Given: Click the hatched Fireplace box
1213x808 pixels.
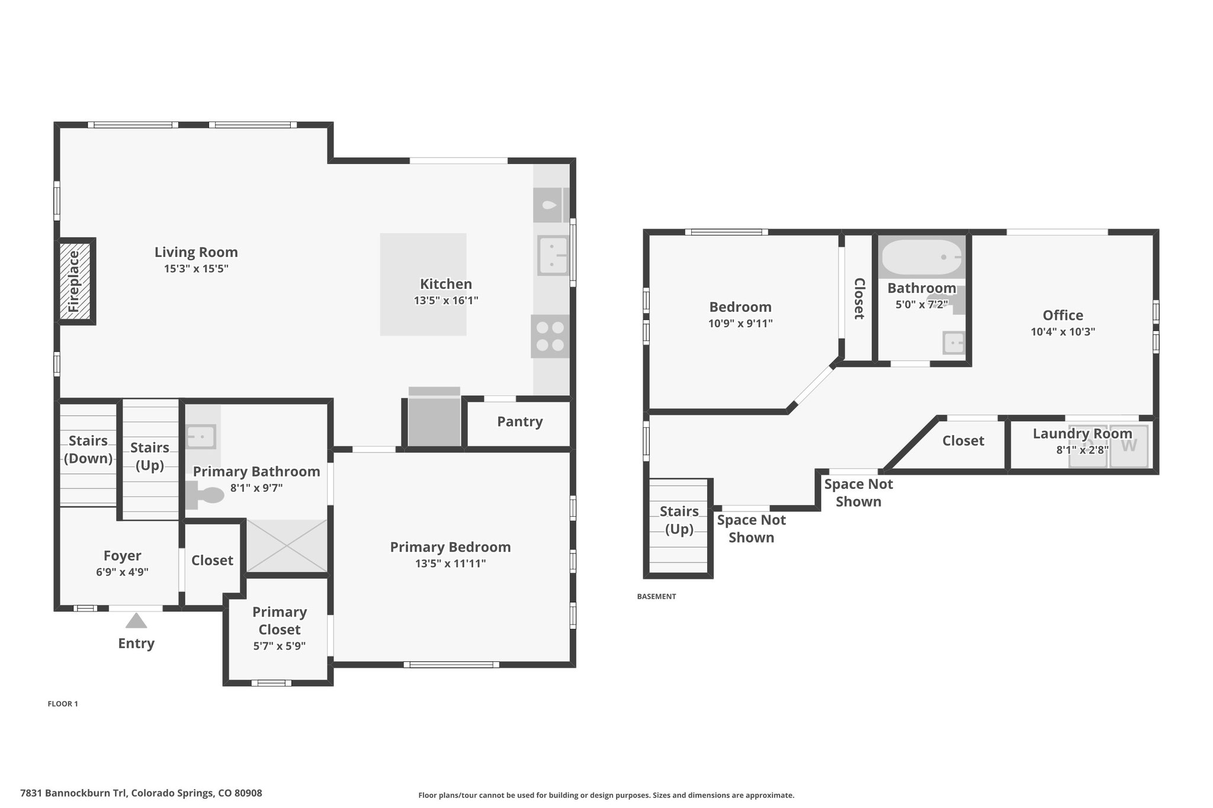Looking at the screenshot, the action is [x=75, y=281].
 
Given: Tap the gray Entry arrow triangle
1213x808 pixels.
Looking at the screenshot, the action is [x=136, y=621].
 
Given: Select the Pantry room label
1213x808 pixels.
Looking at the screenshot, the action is [x=520, y=421].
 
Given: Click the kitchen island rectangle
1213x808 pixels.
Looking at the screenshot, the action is [x=423, y=284].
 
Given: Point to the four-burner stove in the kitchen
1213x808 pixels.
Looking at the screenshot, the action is [x=550, y=336].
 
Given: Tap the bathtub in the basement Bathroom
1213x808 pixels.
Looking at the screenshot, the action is [x=922, y=257].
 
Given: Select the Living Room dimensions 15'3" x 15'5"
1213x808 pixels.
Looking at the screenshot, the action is [x=196, y=269].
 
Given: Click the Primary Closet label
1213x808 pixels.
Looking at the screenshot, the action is [x=280, y=620].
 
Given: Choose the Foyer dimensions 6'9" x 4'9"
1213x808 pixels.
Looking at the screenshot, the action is [x=122, y=572].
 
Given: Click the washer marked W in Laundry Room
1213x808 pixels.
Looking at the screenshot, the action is [x=1129, y=446].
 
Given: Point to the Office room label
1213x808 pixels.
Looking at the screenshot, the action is [x=1063, y=315].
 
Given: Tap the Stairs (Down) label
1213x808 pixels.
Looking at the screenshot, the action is [x=88, y=449].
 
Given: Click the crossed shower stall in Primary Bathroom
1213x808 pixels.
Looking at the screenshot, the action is [x=287, y=546].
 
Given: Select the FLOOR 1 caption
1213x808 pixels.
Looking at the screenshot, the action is [x=63, y=704].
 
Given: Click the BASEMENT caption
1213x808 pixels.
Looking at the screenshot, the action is [x=656, y=596].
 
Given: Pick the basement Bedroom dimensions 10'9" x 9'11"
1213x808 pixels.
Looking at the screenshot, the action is [x=740, y=324].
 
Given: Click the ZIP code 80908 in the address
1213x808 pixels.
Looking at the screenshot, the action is [x=248, y=793].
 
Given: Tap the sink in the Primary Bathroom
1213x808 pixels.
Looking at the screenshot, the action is [x=201, y=437].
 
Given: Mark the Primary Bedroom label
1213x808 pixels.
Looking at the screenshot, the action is [x=450, y=547].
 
